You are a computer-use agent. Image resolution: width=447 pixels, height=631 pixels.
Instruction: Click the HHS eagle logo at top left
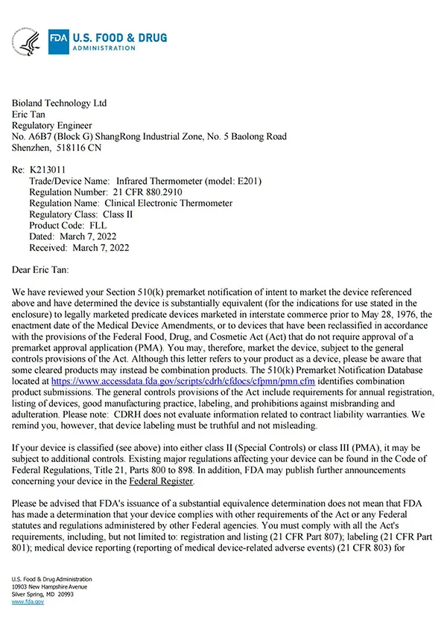(28, 42)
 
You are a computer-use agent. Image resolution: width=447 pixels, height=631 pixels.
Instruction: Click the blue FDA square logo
(59, 42)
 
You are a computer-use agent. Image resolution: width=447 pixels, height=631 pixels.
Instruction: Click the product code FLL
(98, 225)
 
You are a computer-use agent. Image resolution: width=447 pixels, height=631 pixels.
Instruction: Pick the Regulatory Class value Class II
(128, 214)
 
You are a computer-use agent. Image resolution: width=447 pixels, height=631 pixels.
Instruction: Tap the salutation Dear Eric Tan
(51, 269)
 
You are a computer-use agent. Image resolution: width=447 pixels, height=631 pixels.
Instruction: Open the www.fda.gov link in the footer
(28, 602)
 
